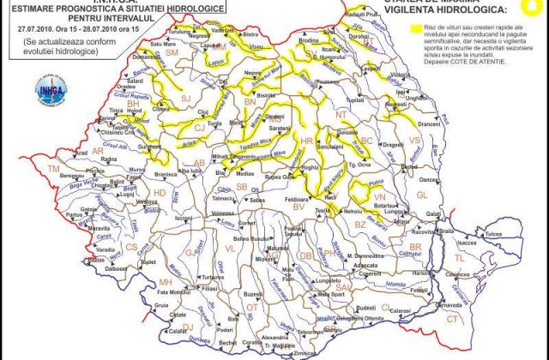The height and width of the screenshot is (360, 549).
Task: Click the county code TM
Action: pos(53,170)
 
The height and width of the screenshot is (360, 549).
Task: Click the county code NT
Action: pos(341,114)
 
